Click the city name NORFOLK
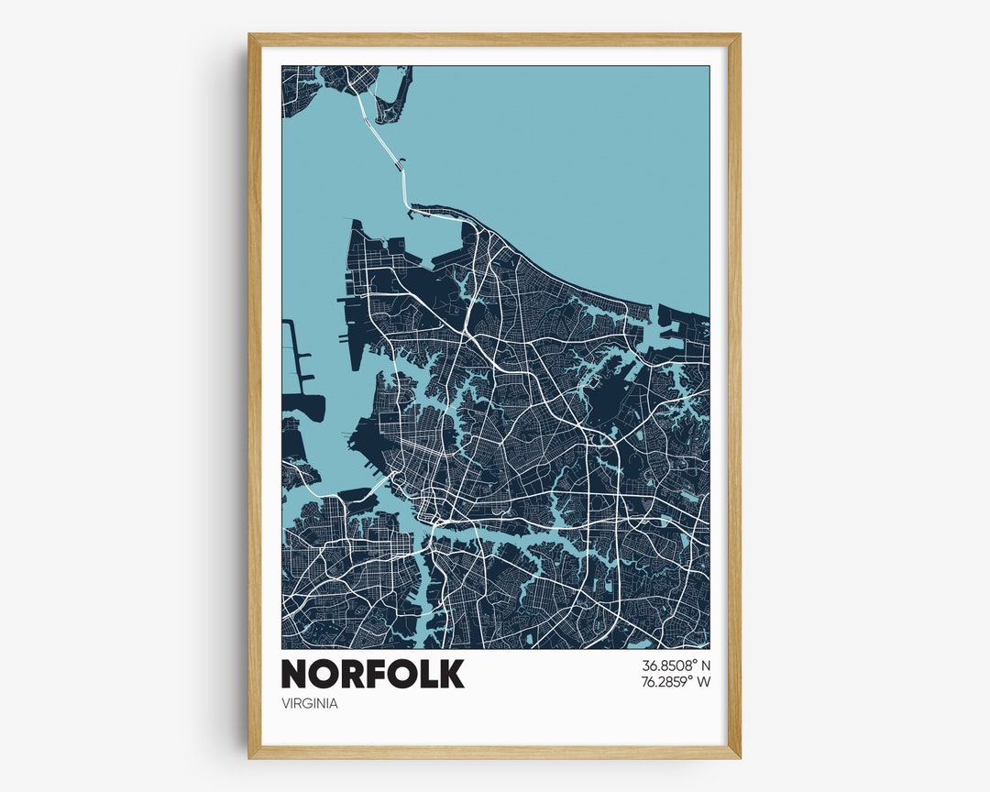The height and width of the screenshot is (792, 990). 372,674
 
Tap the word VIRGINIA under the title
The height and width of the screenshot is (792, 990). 310,704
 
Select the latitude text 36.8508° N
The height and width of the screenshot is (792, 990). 676,665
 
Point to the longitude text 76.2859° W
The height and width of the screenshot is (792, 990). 676,682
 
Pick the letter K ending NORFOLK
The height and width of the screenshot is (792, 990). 451,674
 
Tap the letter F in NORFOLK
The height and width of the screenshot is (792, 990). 373,674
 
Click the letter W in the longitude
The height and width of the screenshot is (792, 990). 704,682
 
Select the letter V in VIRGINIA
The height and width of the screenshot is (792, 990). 286,704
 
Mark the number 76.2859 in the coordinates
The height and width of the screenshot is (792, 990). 666,682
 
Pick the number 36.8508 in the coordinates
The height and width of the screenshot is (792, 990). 666,665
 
